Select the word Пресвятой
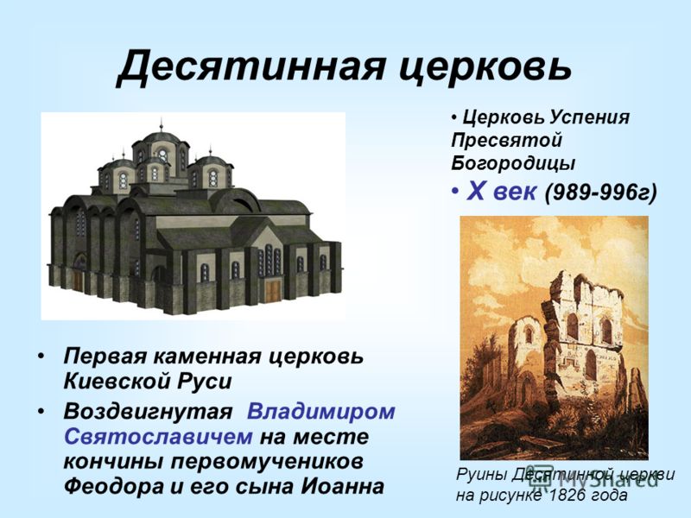tap(507, 141)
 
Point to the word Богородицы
tap(513, 163)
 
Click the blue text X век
tap(502, 192)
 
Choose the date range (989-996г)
tap(601, 192)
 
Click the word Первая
tap(105, 356)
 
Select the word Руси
tap(204, 382)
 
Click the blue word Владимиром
tap(320, 412)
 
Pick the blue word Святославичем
tap(159, 437)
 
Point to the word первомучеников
tap(267, 462)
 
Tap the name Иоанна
tap(342, 487)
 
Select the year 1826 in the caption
tap(567, 496)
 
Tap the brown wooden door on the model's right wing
tap(273, 292)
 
